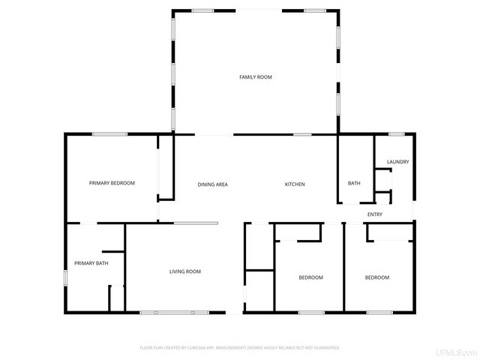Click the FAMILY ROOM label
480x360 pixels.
[x=255, y=77]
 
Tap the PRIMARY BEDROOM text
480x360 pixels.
[x=112, y=183]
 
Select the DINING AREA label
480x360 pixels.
[x=212, y=184]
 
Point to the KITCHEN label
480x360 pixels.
[x=295, y=184]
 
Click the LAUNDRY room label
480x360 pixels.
[x=397, y=162]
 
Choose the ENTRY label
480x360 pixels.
[x=375, y=215]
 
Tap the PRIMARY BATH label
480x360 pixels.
[x=91, y=263]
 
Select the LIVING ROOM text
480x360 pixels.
[x=184, y=271]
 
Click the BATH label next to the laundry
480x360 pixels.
[x=354, y=184]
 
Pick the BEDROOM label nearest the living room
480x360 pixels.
[x=310, y=277]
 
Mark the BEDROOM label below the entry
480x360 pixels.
[x=376, y=277]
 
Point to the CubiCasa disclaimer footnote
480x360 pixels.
[x=240, y=348]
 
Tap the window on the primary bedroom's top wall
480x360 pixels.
[x=109, y=134]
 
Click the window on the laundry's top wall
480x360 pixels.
[x=397, y=134]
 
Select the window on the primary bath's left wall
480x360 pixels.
[x=65, y=277]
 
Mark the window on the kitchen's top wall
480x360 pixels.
[x=302, y=135]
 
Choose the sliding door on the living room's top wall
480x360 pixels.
[x=196, y=223]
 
